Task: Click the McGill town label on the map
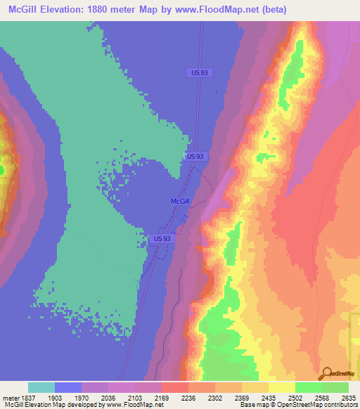(180, 201)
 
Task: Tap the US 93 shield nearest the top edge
(200, 72)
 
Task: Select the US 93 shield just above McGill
(196, 156)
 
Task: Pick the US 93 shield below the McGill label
(162, 239)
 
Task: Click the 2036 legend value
(108, 397)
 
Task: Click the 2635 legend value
(349, 397)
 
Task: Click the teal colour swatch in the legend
(41, 387)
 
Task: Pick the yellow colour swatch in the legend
(282, 387)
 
